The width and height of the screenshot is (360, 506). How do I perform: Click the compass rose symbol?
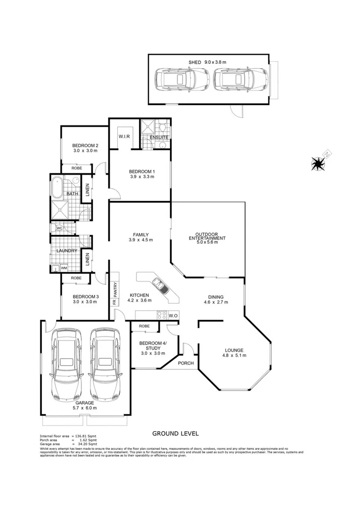point(319,162)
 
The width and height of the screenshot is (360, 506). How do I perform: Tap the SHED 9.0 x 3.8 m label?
point(207,62)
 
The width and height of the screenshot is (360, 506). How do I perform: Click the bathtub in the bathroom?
point(57,188)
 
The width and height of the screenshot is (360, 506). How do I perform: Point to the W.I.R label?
point(124,137)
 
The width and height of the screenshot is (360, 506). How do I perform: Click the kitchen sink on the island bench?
point(161,289)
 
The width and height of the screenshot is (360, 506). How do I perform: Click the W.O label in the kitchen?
point(173,316)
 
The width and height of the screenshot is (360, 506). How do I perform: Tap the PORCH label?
point(186,363)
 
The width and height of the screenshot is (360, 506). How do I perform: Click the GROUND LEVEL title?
point(176,434)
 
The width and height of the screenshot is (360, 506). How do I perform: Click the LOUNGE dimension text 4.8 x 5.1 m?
point(235,355)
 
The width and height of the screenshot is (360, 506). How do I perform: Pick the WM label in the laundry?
point(64,268)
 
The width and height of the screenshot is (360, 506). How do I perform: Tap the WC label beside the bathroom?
point(59,228)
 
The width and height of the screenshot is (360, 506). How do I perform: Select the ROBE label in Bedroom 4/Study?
point(143,326)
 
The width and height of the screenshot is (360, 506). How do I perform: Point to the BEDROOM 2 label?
point(85,146)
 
